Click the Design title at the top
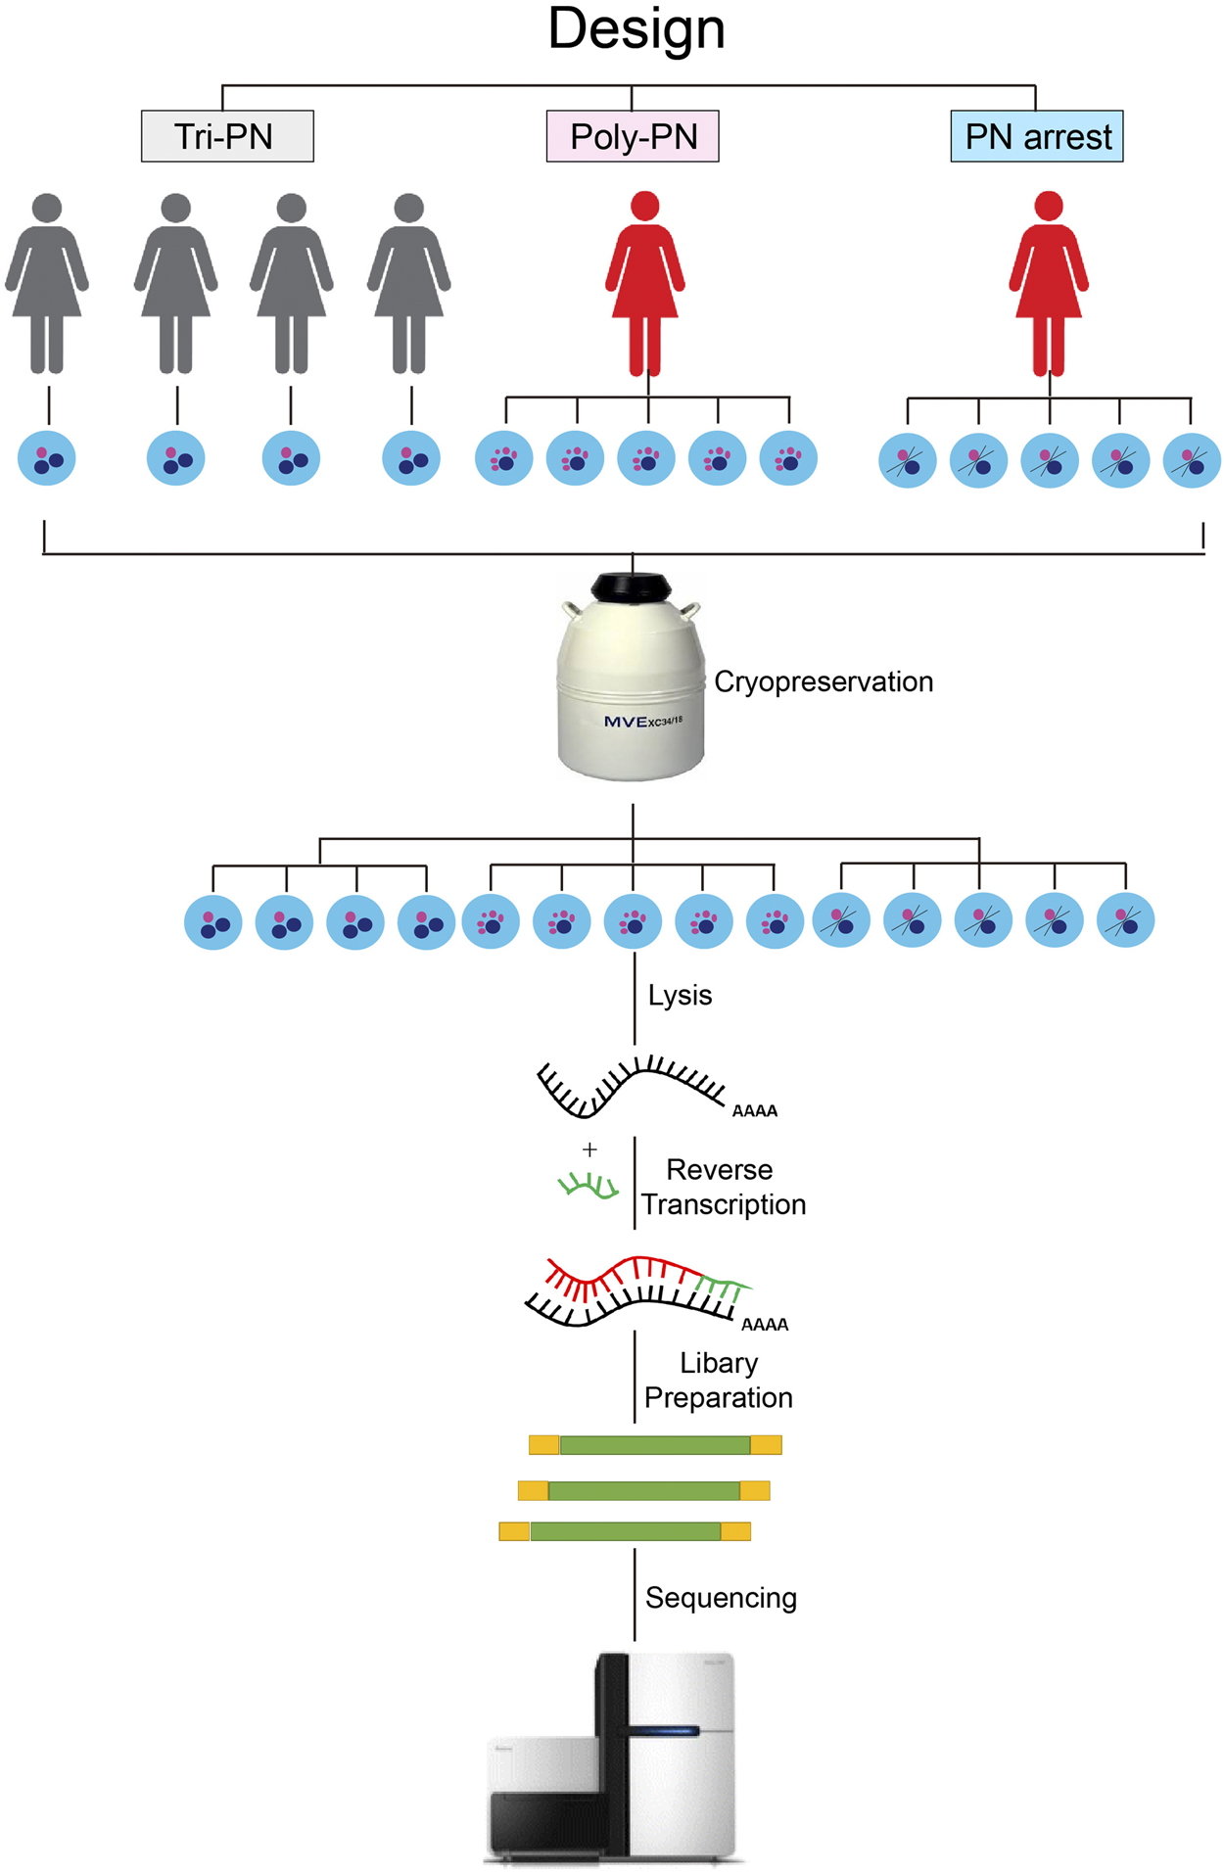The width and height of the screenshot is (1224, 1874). point(636,29)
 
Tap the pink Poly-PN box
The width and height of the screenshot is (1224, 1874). point(633,136)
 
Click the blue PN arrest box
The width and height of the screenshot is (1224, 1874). point(1037,136)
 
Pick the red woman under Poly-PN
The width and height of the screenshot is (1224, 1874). point(644,284)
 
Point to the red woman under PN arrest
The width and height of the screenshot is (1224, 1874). point(1049,284)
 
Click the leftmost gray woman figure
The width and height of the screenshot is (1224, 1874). point(47,284)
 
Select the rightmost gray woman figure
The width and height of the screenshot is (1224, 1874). point(408,284)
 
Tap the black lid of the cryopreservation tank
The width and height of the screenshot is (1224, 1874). point(632,587)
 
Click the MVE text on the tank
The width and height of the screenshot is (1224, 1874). point(626,722)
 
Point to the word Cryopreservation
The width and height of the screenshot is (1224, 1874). point(824,681)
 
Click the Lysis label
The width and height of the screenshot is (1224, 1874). point(680,995)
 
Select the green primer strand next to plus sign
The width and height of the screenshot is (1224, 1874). point(588,1187)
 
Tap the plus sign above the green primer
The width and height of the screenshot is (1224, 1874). point(589,1149)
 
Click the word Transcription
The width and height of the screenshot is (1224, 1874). point(724,1204)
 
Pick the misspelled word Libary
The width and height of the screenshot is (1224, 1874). point(719,1363)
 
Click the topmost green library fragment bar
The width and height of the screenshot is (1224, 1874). point(654,1444)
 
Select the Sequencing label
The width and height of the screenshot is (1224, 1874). point(721,1597)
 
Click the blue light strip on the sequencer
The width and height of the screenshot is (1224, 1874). point(664,1731)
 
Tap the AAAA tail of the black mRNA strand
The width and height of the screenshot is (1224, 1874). point(755,1110)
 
